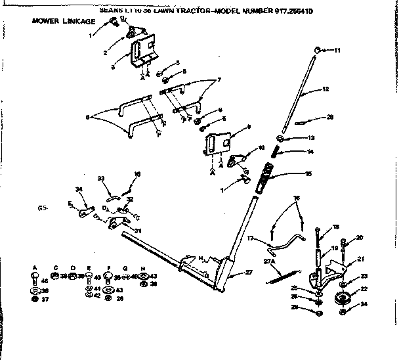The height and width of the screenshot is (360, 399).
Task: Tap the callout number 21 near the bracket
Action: (x=360, y=259)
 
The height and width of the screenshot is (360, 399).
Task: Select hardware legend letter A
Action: (x=33, y=267)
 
